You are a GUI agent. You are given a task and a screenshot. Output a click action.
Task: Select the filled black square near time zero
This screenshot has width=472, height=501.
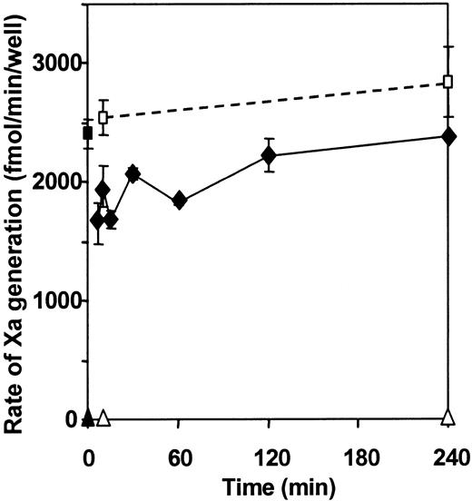pyautogui.click(x=88, y=133)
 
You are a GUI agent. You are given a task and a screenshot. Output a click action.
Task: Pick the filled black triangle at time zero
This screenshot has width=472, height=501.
pyautogui.click(x=88, y=417)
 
